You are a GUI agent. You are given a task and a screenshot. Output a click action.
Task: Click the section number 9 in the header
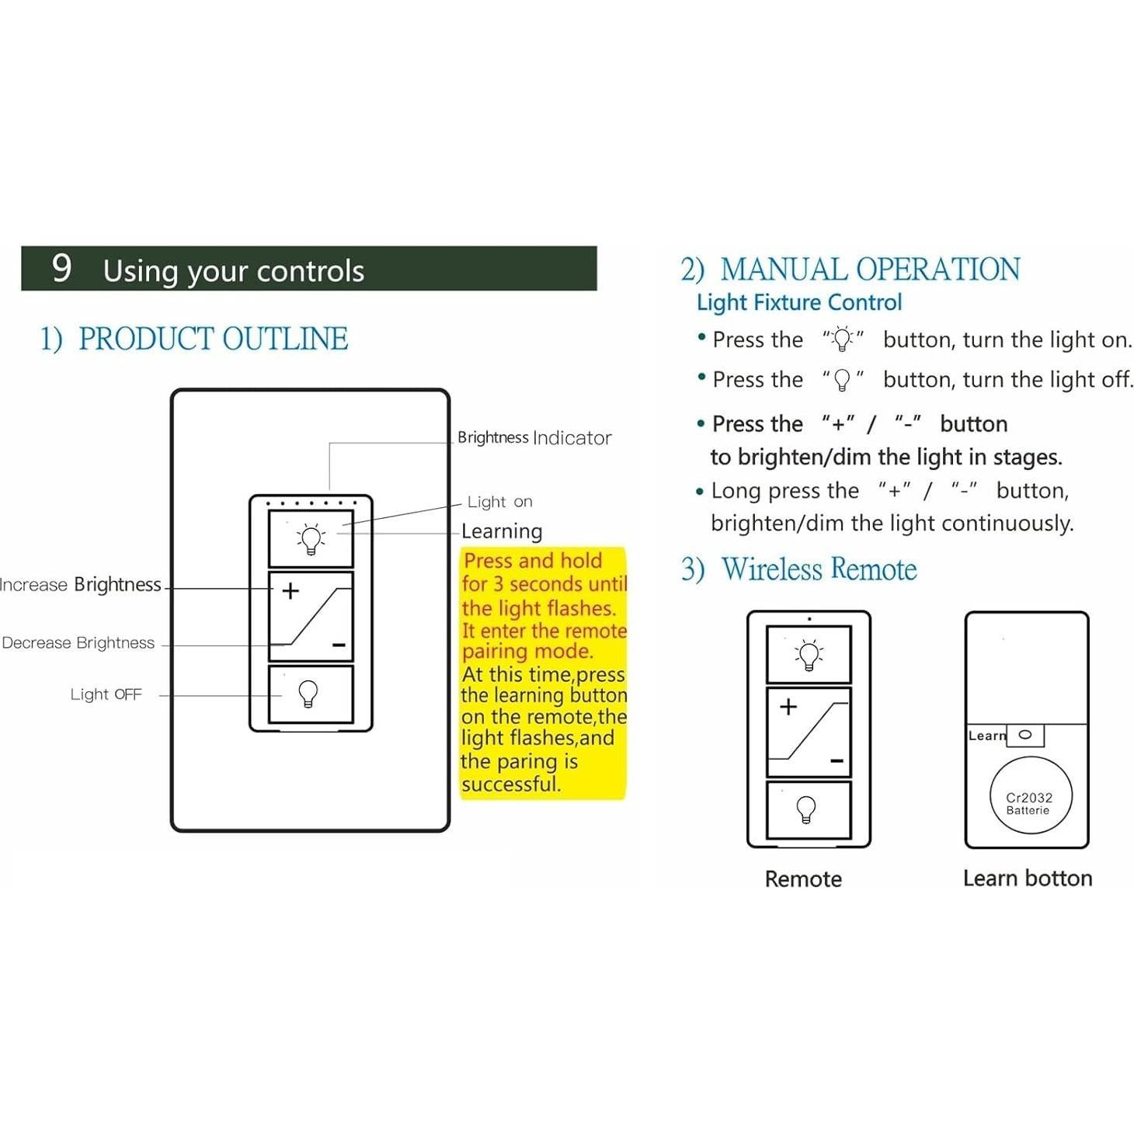(62, 268)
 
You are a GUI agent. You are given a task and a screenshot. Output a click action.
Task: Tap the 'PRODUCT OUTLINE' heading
(213, 339)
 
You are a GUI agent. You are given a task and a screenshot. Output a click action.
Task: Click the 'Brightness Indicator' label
(534, 438)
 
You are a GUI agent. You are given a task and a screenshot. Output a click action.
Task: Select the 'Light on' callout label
(499, 502)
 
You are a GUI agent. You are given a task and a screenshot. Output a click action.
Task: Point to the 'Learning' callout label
(502, 531)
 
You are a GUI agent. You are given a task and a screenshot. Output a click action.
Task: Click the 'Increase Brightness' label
(81, 585)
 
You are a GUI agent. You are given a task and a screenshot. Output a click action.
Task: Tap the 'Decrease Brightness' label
(78, 643)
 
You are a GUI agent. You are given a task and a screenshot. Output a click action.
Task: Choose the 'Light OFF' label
(106, 694)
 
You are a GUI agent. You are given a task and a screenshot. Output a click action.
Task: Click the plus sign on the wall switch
(290, 591)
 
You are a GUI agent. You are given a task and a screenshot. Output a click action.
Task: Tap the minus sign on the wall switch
(339, 645)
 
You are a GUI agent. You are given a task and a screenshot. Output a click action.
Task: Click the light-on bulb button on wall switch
(311, 538)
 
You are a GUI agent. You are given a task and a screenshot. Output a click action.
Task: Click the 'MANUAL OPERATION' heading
(869, 270)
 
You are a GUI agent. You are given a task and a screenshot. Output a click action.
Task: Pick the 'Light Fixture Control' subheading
(799, 302)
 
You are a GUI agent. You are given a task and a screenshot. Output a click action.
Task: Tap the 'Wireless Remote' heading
(819, 569)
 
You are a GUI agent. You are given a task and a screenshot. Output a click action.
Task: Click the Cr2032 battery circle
(1029, 797)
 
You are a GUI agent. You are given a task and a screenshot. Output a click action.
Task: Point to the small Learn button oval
(1025, 735)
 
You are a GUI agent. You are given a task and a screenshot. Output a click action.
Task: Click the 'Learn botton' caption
(1028, 878)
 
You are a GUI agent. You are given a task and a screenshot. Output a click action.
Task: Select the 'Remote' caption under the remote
(803, 879)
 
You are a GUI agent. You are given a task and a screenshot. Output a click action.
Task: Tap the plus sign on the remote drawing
(788, 706)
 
